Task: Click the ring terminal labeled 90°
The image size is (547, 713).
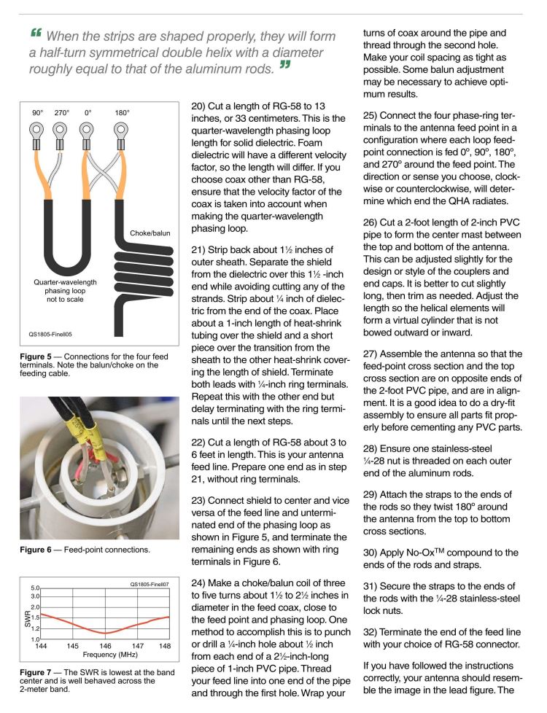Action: click(x=36, y=132)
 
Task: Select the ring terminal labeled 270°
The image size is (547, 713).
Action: click(x=61, y=132)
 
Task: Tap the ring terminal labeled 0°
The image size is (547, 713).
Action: click(x=87, y=132)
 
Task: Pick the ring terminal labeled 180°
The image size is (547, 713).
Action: click(x=121, y=132)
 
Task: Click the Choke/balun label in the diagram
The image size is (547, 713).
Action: click(x=150, y=233)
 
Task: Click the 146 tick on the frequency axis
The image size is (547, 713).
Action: click(x=106, y=646)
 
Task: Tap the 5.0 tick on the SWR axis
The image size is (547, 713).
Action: click(x=34, y=587)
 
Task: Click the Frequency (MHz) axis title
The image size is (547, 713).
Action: click(x=105, y=654)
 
